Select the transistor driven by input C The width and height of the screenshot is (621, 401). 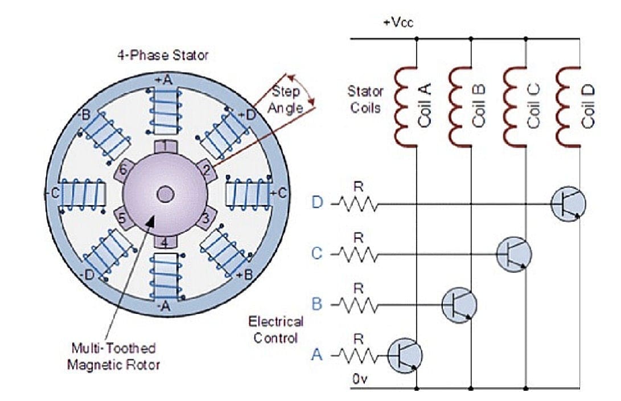pos(513,252)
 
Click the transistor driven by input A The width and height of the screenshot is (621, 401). pos(405,355)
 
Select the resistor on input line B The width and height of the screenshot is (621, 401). pos(358,304)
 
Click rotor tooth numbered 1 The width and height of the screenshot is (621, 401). pos(164,145)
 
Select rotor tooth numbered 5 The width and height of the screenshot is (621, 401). pos(121,217)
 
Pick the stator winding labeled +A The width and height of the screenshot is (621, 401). pos(164,111)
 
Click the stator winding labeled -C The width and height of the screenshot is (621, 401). pos(83,193)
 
